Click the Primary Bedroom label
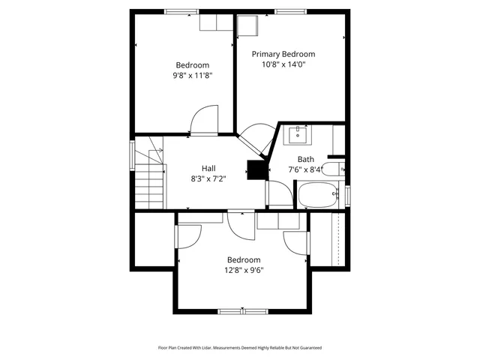(283, 54)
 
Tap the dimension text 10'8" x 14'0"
(283, 65)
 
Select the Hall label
(208, 168)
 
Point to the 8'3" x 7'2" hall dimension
(208, 178)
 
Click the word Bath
(305, 159)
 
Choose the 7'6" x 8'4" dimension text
(305, 170)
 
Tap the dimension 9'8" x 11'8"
(192, 76)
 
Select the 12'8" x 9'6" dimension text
(244, 271)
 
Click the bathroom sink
(298, 134)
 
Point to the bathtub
(319, 196)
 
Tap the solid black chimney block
(257, 170)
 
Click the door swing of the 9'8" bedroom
(204, 121)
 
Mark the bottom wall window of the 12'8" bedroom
(242, 310)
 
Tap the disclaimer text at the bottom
(239, 347)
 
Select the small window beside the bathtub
(347, 194)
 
